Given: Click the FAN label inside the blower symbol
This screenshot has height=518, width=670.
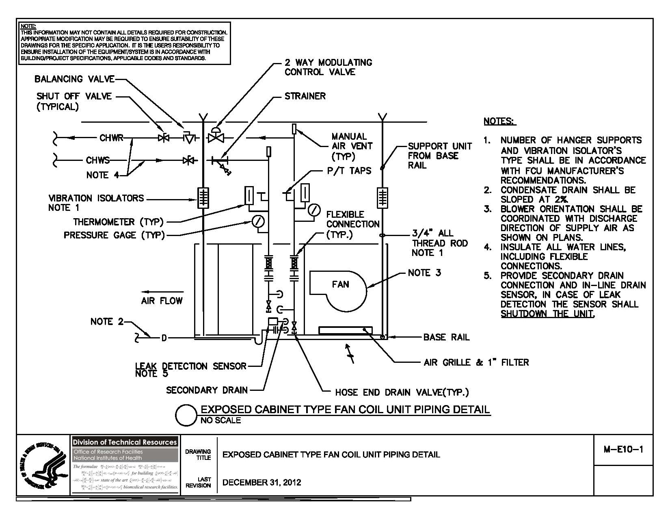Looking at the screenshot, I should (340, 284).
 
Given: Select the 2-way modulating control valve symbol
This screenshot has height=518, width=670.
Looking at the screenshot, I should (216, 136).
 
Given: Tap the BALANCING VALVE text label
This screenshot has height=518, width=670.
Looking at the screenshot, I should (74, 79).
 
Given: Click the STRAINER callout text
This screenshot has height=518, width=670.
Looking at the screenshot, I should (305, 96).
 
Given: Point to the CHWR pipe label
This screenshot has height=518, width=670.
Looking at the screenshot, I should (111, 138).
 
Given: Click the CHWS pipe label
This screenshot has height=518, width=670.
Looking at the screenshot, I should (97, 160).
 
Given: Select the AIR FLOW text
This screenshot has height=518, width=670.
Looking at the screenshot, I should (162, 301).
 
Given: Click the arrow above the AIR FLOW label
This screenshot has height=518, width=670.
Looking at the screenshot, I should (162, 291).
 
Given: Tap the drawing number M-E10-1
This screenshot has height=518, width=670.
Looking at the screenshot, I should (623, 449).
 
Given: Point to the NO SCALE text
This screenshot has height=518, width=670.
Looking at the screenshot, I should (220, 420).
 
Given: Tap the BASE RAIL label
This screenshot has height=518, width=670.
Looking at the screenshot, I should (446, 337).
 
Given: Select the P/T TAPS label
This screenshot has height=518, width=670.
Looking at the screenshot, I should (349, 171).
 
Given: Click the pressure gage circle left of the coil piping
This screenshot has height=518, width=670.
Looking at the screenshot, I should (258, 221).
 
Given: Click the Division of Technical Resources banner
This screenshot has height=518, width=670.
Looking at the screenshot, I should (125, 442).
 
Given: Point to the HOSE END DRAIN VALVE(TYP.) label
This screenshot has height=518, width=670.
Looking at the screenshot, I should (402, 392).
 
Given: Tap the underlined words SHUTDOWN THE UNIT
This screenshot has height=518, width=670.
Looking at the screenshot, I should (547, 314).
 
